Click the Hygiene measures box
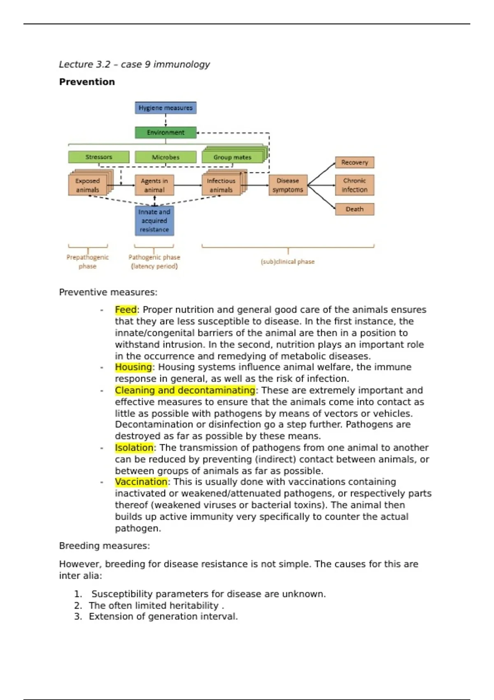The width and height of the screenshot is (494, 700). click(165, 108)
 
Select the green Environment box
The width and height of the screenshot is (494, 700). click(165, 133)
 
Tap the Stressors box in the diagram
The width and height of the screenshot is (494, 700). click(99, 157)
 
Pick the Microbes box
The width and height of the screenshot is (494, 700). click(165, 157)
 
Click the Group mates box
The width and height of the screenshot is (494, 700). click(232, 157)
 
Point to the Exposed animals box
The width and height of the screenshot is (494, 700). click(88, 185)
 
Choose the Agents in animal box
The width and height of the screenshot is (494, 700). click(154, 185)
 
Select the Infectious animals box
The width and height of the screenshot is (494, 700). click(221, 185)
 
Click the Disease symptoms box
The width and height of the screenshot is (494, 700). click(288, 185)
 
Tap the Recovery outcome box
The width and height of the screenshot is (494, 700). click(354, 163)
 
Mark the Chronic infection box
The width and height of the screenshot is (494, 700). click(354, 185)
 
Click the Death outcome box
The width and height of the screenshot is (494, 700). click(354, 209)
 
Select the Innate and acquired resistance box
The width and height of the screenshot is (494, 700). click(154, 221)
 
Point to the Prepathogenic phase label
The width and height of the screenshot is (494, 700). click(88, 261)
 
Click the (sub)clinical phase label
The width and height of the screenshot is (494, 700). click(288, 261)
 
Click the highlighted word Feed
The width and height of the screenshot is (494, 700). click(126, 310)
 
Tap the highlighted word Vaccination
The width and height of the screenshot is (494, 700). click(141, 482)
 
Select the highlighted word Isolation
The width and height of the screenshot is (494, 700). click(134, 448)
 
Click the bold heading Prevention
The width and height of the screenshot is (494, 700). click(87, 82)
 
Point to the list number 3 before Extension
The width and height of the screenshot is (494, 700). click(78, 616)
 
